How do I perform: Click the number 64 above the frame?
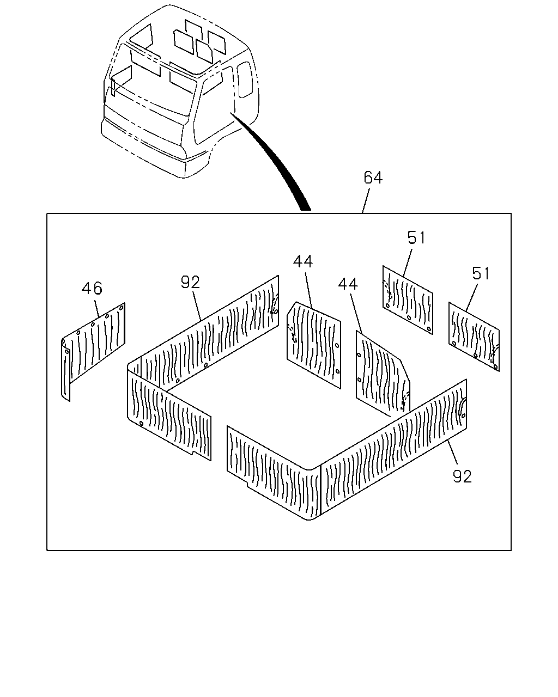pyautogui.click(x=373, y=178)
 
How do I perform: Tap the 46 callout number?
pyautogui.click(x=92, y=288)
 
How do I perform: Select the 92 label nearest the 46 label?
pyautogui.click(x=190, y=282)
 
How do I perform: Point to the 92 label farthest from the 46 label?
pyautogui.click(x=462, y=476)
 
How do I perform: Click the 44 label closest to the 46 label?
pyautogui.click(x=303, y=261)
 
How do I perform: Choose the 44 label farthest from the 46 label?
pyautogui.click(x=348, y=284)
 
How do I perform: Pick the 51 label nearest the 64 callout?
pyautogui.click(x=416, y=237)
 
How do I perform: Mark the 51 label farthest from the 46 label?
pyautogui.click(x=481, y=273)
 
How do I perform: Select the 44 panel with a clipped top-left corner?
pyautogui.click(x=314, y=344)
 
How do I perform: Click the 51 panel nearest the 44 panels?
pyautogui.click(x=408, y=299)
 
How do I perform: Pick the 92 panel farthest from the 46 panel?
pyautogui.click(x=347, y=450)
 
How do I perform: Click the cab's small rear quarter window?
pyautogui.click(x=245, y=80)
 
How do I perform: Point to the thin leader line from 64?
pyautogui.click(x=366, y=201)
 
